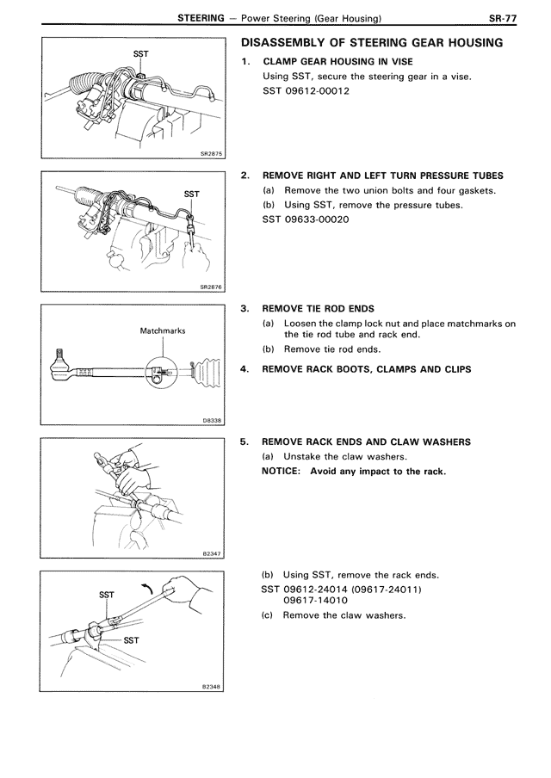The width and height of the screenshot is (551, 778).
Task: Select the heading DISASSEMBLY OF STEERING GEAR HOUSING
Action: (x=372, y=44)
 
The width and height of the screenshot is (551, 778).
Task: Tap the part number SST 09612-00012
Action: (x=306, y=91)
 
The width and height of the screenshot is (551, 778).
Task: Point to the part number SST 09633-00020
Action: (x=306, y=219)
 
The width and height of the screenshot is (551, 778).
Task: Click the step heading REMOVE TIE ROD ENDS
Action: (x=318, y=308)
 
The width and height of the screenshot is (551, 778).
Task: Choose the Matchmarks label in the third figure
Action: (x=163, y=330)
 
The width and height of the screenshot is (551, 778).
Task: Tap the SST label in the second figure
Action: (x=192, y=194)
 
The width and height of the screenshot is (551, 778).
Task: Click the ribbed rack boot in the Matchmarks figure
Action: (x=203, y=371)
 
